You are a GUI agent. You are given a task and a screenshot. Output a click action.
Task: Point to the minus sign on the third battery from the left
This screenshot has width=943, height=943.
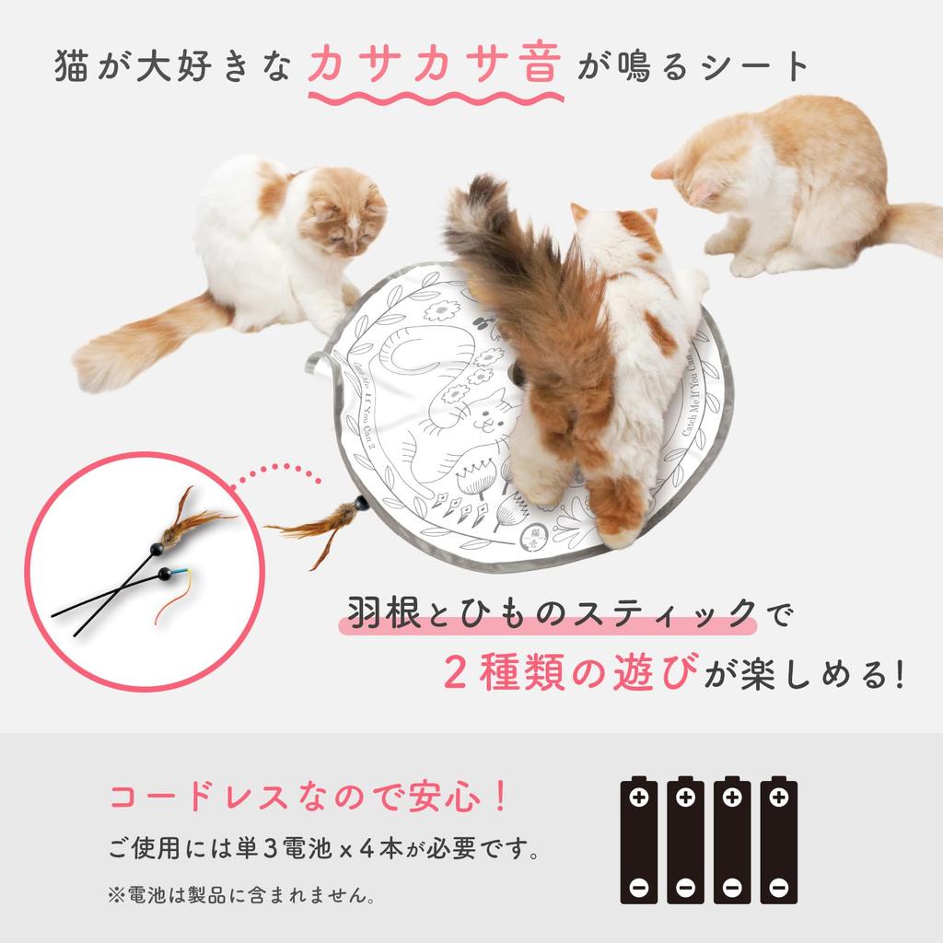click(732, 887)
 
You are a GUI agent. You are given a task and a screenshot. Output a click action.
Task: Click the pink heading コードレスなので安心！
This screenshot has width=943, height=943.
click(309, 797)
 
